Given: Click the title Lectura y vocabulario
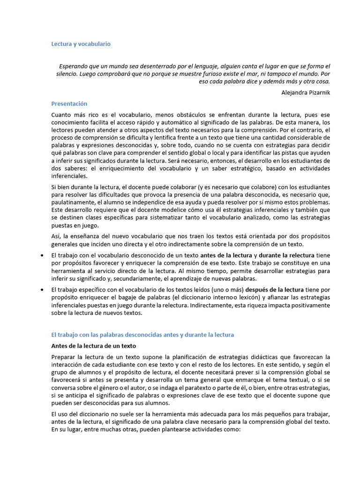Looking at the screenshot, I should pyautogui.click(x=81, y=44).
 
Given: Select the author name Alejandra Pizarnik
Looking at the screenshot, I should pyautogui.click(x=306, y=92).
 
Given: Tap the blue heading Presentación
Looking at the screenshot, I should pyautogui.click(x=69, y=104).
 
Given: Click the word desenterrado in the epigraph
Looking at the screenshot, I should pyautogui.click(x=162, y=66).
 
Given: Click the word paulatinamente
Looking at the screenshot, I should pyautogui.click(x=75, y=202).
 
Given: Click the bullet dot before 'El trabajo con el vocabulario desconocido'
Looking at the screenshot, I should pyautogui.click(x=42, y=255).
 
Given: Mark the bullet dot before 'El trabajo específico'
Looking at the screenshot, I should pyautogui.click(x=42, y=290).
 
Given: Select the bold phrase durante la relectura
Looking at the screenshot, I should pyautogui.click(x=288, y=255).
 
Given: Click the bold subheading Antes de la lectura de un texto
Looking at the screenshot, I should pyautogui.click(x=93, y=346).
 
